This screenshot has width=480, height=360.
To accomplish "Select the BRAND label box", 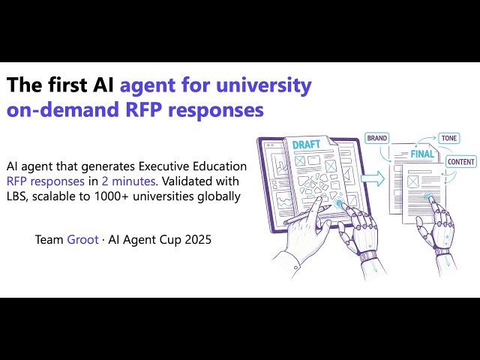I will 377,138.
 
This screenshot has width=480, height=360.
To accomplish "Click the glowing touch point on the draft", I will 339,203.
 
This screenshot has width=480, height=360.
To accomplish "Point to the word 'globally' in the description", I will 218,196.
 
